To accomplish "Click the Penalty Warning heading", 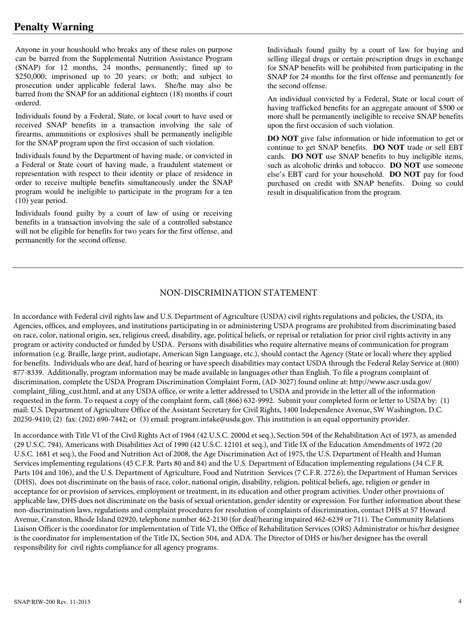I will tap(54, 27).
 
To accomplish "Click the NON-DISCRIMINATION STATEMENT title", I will tap(238, 293).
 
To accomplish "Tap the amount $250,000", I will tap(32, 77).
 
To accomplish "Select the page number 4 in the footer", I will tap(459, 601).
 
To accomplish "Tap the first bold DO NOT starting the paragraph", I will tap(283, 138).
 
